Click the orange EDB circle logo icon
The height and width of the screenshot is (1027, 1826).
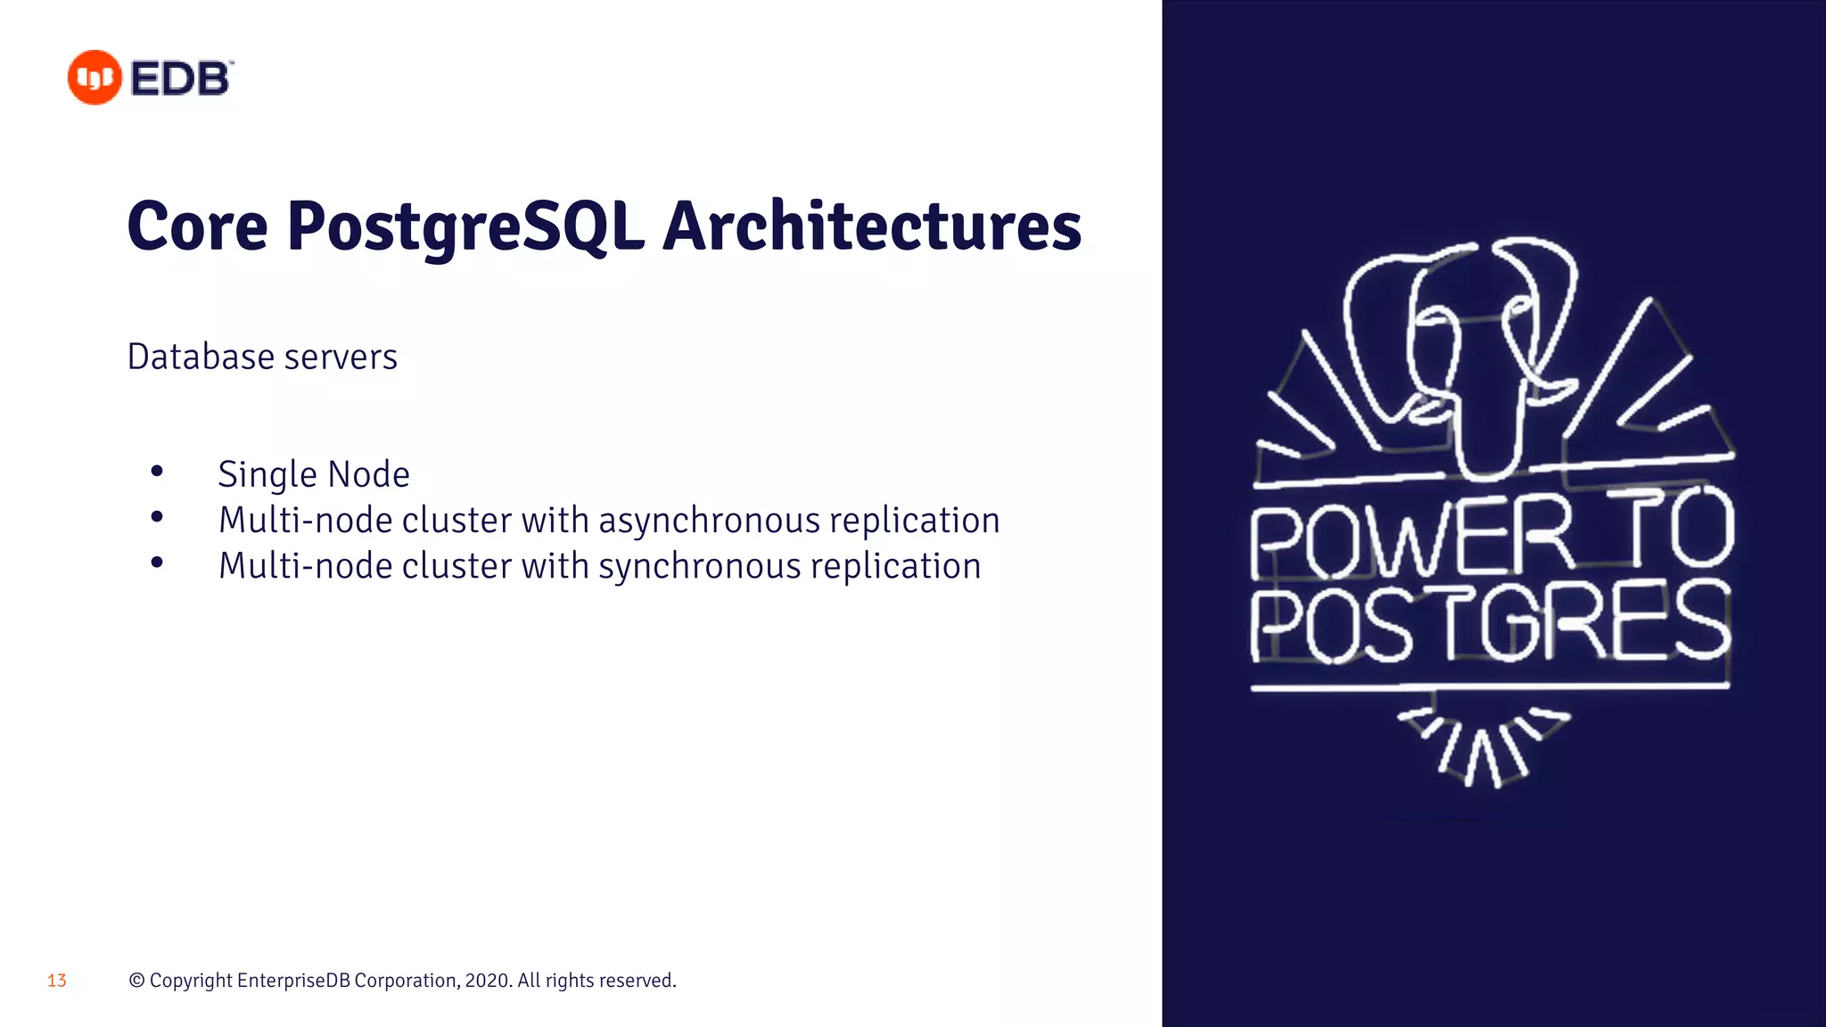[x=95, y=78]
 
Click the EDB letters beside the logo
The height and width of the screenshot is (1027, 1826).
[x=181, y=78]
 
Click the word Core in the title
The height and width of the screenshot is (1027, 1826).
[x=197, y=226]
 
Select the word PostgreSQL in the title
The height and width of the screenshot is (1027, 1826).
[x=465, y=226]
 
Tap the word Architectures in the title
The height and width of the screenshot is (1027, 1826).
[x=871, y=226]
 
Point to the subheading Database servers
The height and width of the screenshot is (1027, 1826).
[x=262, y=357]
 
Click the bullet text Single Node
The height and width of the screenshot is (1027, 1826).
[x=314, y=474]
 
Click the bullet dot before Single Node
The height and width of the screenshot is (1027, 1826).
[x=157, y=471]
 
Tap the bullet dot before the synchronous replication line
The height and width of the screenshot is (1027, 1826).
[x=157, y=562]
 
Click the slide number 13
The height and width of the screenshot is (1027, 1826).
[x=57, y=981]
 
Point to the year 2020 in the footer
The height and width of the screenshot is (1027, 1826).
[x=487, y=981]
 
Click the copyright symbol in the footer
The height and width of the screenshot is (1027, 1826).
[x=136, y=981]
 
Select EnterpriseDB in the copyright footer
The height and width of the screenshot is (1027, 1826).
[x=292, y=981]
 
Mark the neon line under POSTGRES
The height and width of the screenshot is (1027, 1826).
[x=1489, y=687]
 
